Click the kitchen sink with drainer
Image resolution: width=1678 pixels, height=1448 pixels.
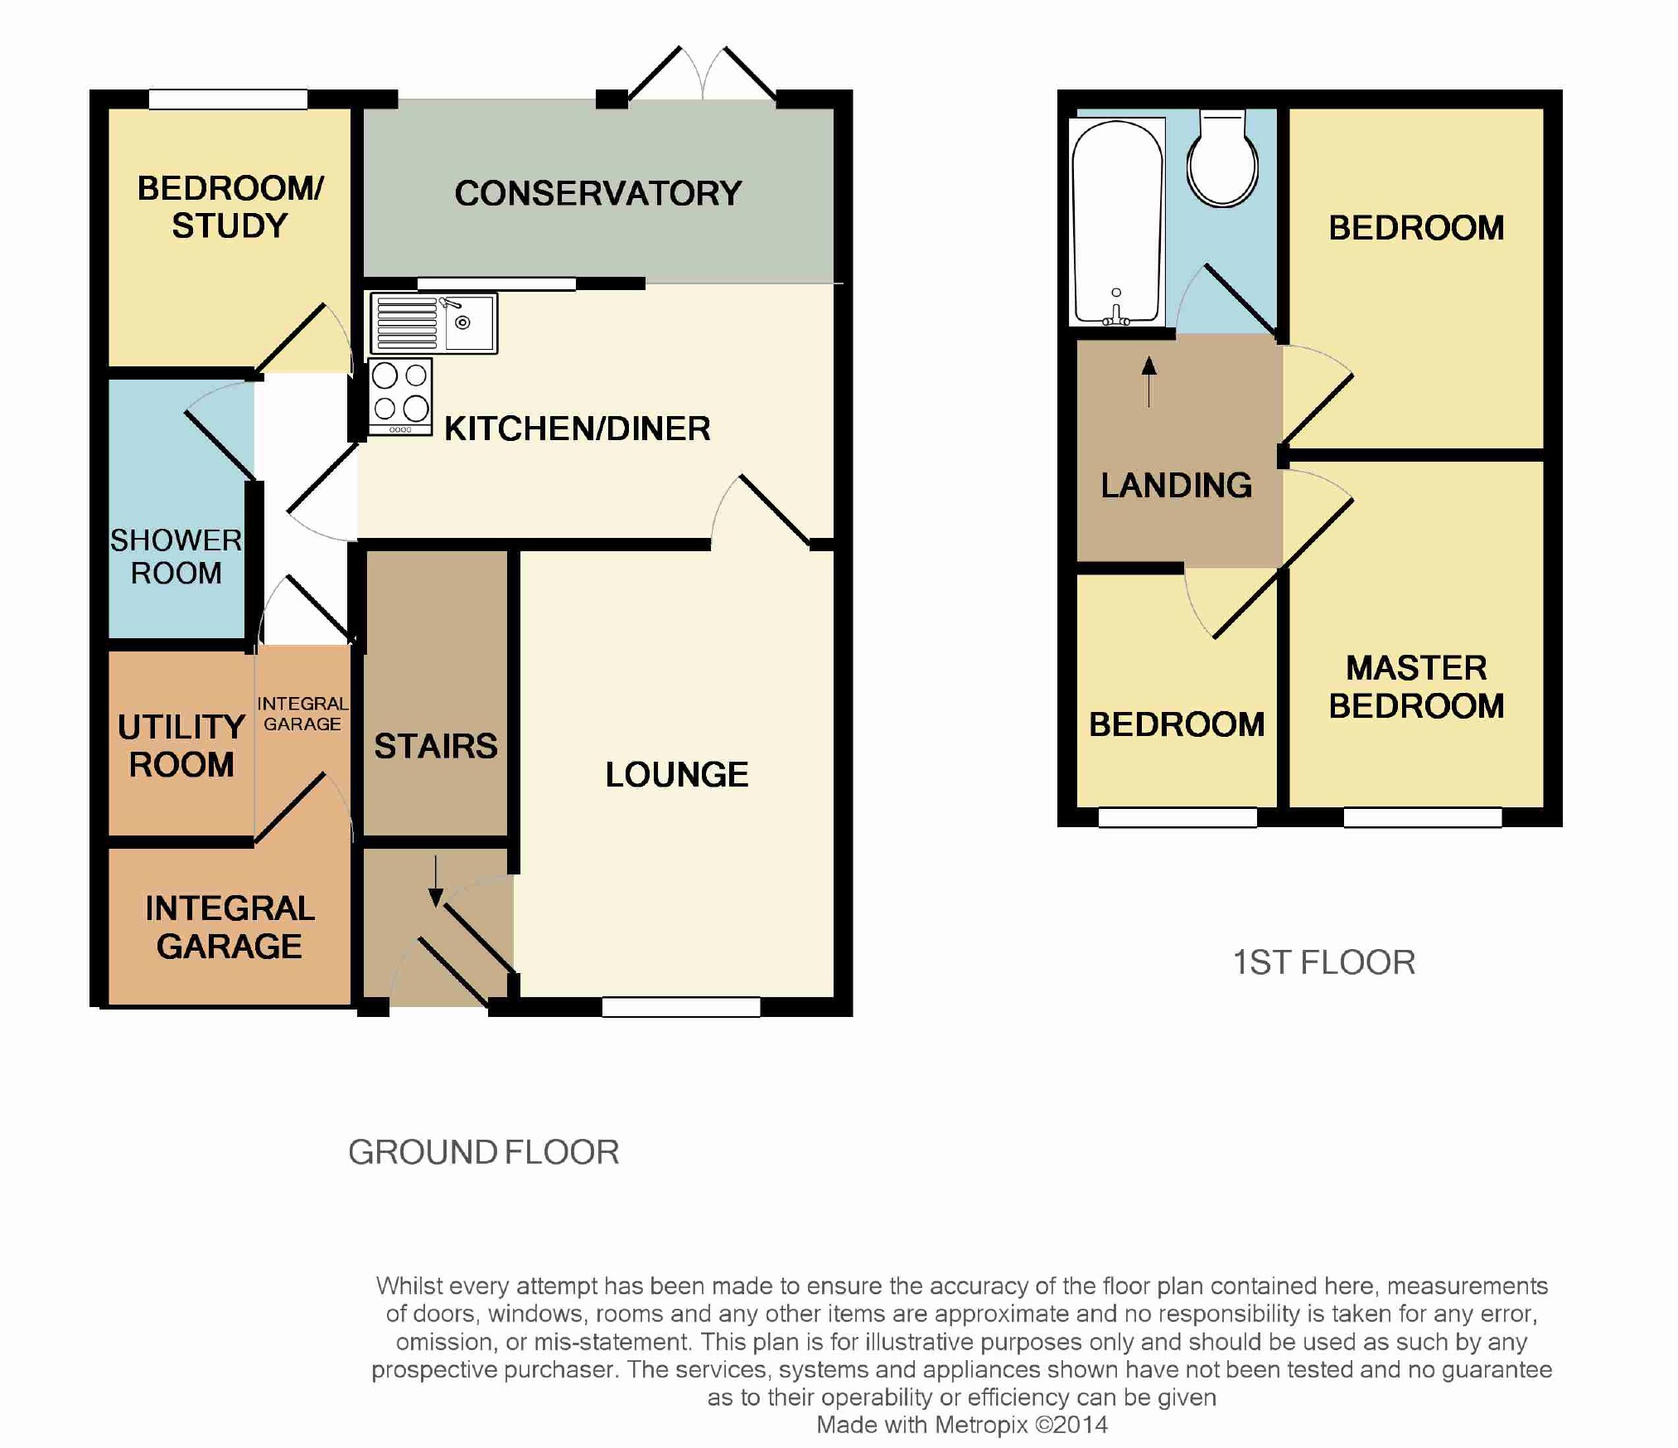click(433, 323)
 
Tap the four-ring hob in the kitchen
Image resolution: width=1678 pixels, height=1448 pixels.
click(400, 396)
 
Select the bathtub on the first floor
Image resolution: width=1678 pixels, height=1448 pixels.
click(1117, 221)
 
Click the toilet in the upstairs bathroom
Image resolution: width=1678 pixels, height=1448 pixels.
click(1222, 158)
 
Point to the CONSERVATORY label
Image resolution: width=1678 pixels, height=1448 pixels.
click(598, 193)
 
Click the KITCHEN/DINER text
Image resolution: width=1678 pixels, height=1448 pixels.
click(578, 429)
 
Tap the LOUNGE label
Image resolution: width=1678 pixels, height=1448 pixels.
click(677, 774)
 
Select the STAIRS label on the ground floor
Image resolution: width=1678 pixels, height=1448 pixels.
click(436, 746)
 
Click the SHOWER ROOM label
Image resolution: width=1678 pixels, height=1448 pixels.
click(177, 556)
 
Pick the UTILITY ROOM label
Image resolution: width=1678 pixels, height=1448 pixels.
click(181, 745)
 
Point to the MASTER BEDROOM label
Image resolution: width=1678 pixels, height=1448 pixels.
click(1416, 686)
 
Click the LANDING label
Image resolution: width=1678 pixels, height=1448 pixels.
click(1176, 485)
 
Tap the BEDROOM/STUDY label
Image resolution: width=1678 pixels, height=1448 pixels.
click(230, 206)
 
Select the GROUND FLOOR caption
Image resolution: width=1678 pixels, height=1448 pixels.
click(484, 1152)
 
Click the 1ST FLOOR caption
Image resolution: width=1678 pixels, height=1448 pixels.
click(1324, 962)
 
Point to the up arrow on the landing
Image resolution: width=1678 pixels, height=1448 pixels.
click(1148, 382)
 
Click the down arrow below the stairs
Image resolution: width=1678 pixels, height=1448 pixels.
click(436, 880)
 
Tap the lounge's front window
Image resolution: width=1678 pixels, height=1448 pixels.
click(681, 1006)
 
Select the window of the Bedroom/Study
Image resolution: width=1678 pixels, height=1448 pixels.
click(228, 99)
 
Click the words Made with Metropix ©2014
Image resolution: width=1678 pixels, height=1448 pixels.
click(962, 1425)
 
